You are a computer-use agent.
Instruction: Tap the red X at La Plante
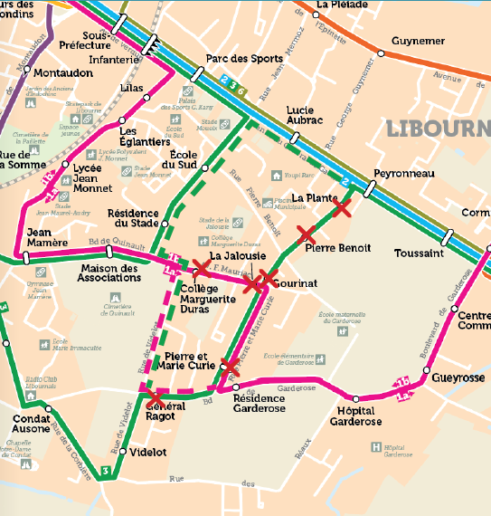tap(342, 209)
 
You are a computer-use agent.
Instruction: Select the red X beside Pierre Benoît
tap(308, 234)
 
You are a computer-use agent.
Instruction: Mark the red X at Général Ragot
tap(156, 397)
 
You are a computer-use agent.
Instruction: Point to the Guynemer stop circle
tap(381, 53)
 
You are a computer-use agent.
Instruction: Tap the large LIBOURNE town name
tap(438, 128)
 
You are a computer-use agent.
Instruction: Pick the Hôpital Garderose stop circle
tap(355, 398)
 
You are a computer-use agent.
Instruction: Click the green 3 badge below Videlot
tap(107, 471)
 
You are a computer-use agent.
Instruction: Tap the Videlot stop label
tap(148, 449)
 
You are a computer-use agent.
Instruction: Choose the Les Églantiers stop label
tap(145, 136)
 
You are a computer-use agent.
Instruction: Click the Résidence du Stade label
tap(133, 218)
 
